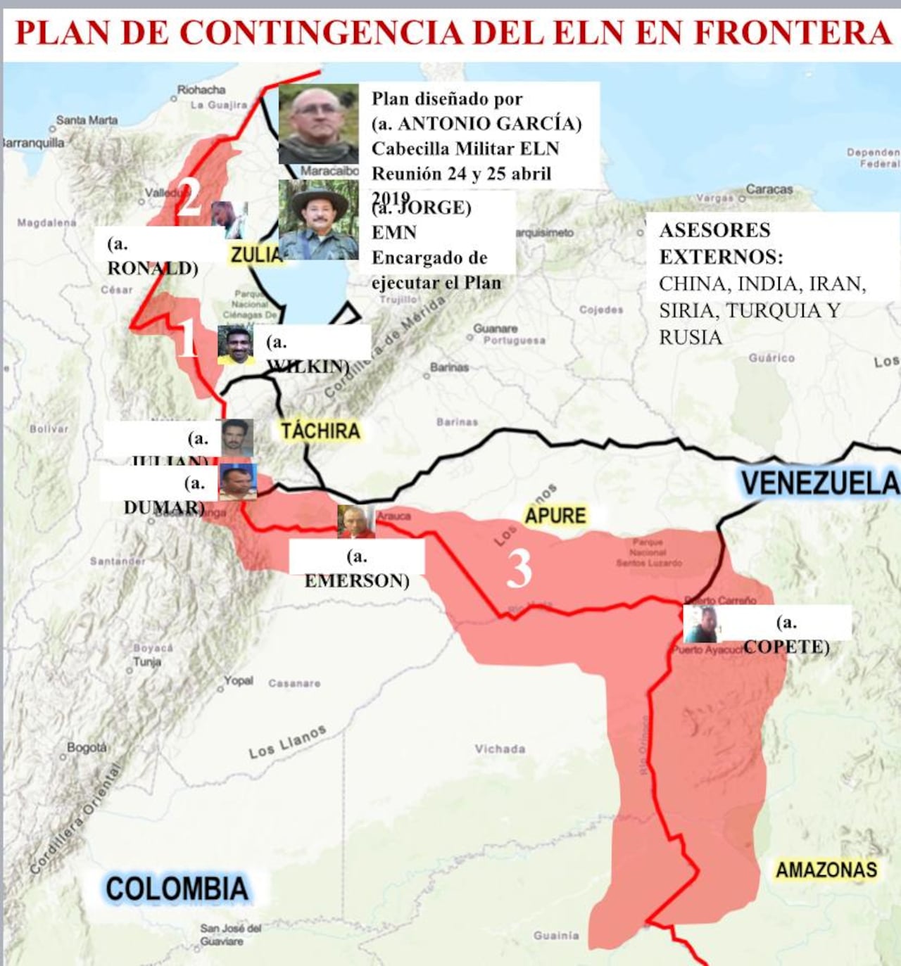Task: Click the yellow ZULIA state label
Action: (x=255, y=255)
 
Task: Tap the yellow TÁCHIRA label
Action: (x=320, y=431)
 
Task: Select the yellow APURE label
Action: (x=555, y=516)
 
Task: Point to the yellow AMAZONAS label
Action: (x=826, y=870)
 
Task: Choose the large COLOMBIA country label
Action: (x=177, y=889)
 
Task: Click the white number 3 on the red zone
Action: (x=519, y=568)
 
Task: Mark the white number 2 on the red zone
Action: (x=189, y=198)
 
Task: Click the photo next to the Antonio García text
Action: (x=318, y=125)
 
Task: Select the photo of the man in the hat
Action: (x=318, y=220)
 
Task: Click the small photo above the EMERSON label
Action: (x=355, y=521)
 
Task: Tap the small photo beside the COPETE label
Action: (x=701, y=625)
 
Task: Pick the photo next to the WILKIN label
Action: (x=235, y=345)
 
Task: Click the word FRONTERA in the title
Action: (x=793, y=32)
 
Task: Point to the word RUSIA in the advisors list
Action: (x=691, y=338)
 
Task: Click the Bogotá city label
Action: (x=87, y=747)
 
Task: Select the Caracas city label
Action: (x=769, y=189)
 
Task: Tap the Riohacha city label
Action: (x=201, y=90)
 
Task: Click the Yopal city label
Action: (x=239, y=681)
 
